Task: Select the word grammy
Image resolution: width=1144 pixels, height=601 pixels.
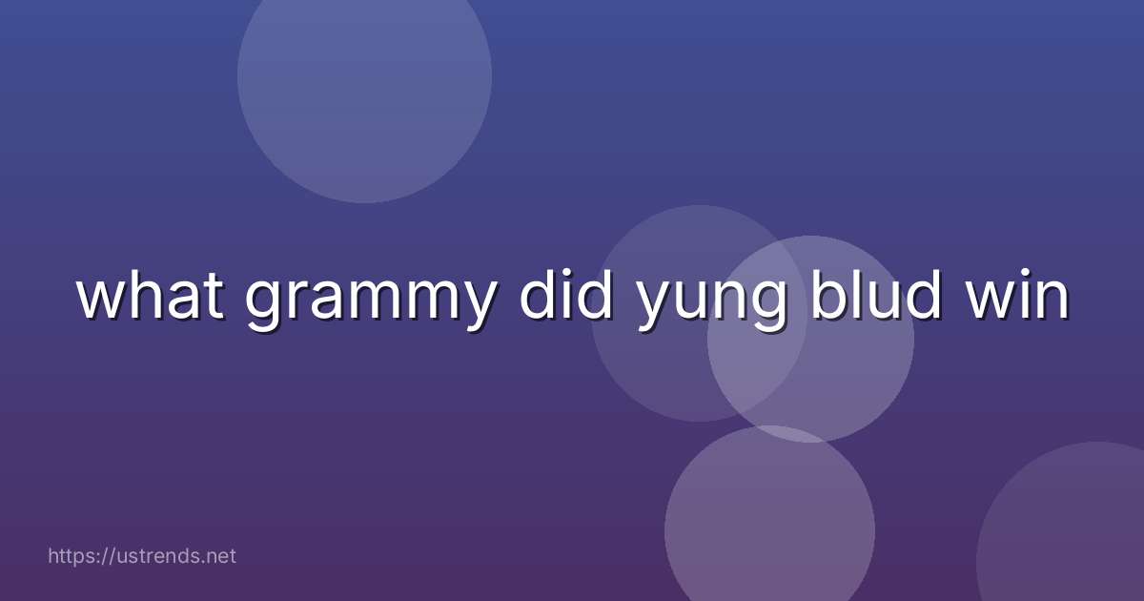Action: coord(369,301)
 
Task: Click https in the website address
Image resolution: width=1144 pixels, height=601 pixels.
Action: coord(70,555)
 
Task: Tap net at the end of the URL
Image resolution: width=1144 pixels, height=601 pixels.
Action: coord(220,555)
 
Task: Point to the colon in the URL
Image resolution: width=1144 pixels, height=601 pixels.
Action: coord(94,556)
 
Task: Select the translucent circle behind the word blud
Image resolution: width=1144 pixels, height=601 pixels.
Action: coord(839,382)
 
